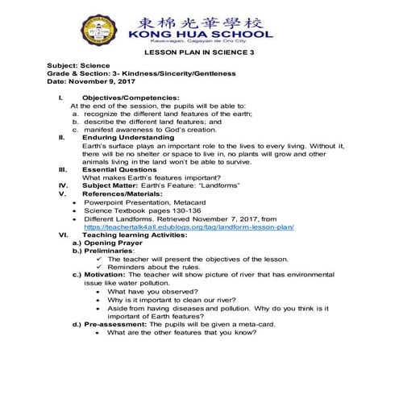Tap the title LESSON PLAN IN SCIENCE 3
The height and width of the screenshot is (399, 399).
[x=198, y=53]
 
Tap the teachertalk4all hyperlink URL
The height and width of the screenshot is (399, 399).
[x=194, y=227]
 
